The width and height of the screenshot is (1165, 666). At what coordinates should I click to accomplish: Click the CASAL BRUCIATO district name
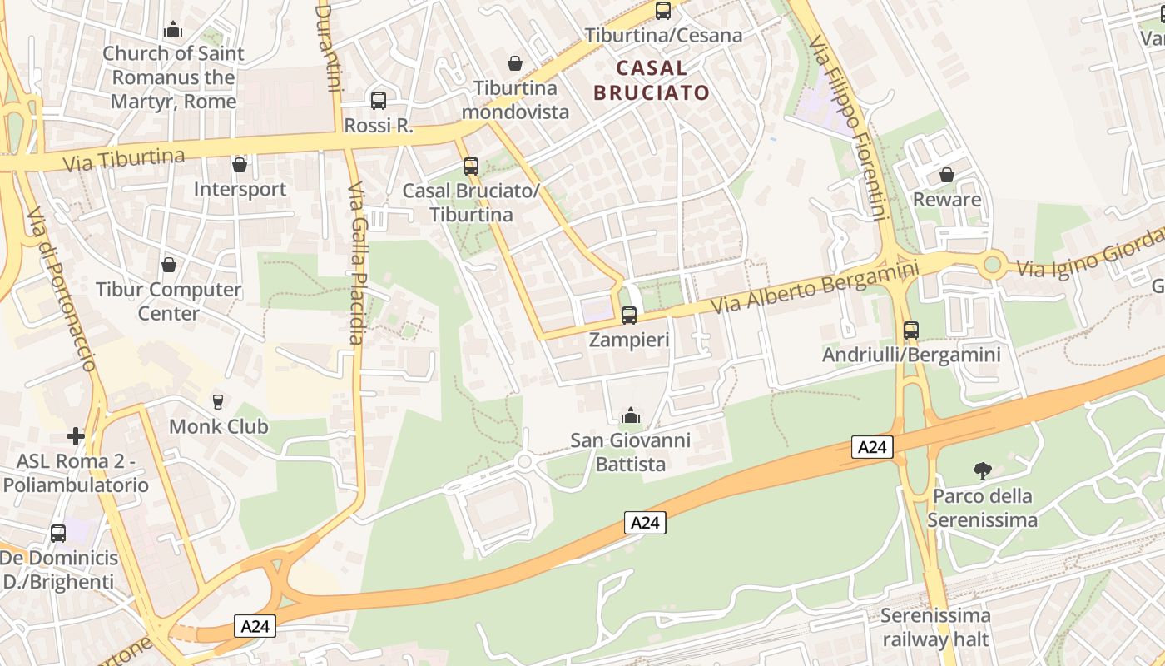pyautogui.click(x=652, y=80)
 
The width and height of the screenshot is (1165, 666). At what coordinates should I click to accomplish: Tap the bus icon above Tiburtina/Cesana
pyautogui.click(x=663, y=11)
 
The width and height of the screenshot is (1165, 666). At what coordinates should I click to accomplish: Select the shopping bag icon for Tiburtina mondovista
pyautogui.click(x=515, y=63)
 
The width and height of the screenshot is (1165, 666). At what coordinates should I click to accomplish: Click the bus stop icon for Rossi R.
pyautogui.click(x=379, y=101)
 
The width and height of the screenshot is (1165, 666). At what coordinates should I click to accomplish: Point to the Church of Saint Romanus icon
pyautogui.click(x=173, y=29)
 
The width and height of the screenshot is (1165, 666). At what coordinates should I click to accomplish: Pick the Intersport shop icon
pyautogui.click(x=240, y=165)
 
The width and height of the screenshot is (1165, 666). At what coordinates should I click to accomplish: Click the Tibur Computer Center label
pyautogui.click(x=169, y=301)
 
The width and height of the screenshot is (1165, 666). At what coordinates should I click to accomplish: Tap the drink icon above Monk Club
pyautogui.click(x=218, y=402)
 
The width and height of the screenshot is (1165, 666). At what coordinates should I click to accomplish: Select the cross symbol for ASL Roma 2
pyautogui.click(x=76, y=436)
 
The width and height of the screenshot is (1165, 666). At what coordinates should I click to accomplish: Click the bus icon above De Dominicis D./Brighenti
pyautogui.click(x=58, y=533)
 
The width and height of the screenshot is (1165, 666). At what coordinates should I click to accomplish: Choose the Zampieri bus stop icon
pyautogui.click(x=629, y=316)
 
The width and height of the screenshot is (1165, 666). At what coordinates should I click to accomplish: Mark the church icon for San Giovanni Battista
pyautogui.click(x=631, y=415)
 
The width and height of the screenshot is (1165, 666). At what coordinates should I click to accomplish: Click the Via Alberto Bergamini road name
pyautogui.click(x=815, y=287)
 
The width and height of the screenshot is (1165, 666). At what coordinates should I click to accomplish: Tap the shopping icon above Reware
pyautogui.click(x=946, y=175)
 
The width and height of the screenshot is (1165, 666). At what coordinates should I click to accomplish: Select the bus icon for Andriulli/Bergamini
pyautogui.click(x=911, y=331)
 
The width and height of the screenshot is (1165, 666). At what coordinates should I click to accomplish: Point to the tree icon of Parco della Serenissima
pyautogui.click(x=982, y=471)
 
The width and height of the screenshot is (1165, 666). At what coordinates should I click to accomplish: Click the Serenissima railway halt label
pyautogui.click(x=935, y=628)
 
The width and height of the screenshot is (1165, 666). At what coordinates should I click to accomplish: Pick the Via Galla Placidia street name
pyautogui.click(x=355, y=262)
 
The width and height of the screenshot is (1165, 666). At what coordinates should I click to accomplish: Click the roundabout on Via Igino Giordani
pyautogui.click(x=991, y=266)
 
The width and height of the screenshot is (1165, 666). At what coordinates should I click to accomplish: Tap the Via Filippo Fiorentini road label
pyautogui.click(x=845, y=127)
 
